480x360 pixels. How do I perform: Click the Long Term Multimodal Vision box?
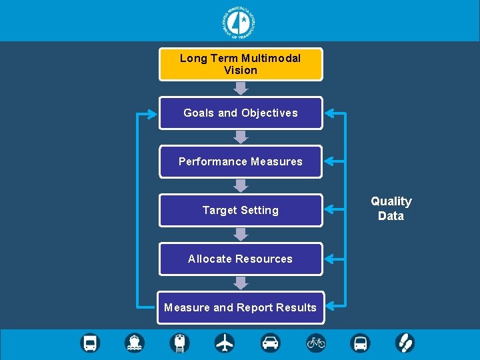[x=240, y=64]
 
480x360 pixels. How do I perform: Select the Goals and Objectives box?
[x=240, y=113]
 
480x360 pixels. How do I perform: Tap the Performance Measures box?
[x=240, y=161]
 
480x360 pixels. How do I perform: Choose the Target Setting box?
[x=240, y=210]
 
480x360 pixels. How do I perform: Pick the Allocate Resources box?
[x=240, y=259]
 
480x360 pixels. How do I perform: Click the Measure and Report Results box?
[x=240, y=307]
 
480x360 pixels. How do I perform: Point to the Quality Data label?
[x=391, y=208]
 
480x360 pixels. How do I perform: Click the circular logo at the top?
[x=240, y=22]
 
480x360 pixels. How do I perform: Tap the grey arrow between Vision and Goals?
[x=241, y=88]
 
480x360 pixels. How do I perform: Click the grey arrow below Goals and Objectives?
[x=241, y=137]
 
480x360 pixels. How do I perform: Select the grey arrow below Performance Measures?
[x=241, y=185]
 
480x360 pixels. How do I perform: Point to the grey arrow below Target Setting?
[x=241, y=234]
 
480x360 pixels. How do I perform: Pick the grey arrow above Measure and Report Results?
[x=241, y=283]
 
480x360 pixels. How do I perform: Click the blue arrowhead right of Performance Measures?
[x=329, y=161]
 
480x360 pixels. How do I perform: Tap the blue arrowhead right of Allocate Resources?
[x=329, y=259]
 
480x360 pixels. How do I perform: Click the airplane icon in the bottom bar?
[x=225, y=343]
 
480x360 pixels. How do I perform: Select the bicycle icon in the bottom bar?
[x=316, y=343]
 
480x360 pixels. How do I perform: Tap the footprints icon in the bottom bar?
[x=405, y=343]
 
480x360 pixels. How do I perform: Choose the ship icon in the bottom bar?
[x=135, y=343]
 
